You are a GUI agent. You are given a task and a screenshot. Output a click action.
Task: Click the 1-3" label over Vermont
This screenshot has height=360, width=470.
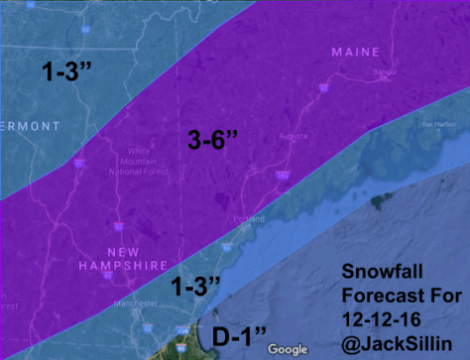point(68,71)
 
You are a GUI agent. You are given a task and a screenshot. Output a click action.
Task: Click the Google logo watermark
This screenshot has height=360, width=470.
point(288,348)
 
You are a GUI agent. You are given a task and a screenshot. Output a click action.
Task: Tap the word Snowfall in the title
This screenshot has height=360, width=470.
point(381,271)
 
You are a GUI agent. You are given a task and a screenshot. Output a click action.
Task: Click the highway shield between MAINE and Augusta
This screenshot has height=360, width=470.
point(320,89)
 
